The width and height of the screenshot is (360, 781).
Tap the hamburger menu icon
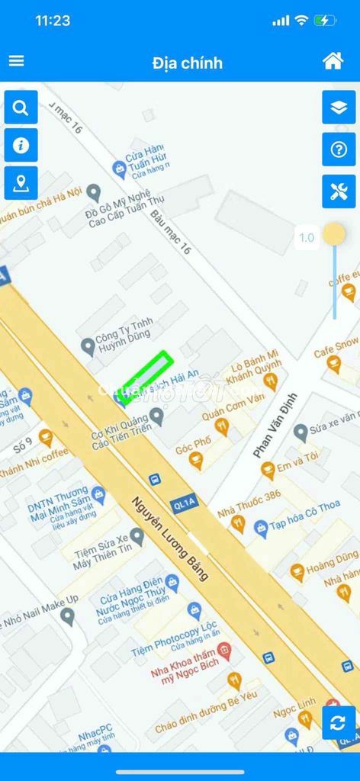(x=16, y=61)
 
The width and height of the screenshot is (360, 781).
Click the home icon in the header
(x=333, y=61)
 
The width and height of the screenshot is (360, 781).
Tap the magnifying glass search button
(x=21, y=108)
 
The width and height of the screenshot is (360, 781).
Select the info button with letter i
(x=21, y=145)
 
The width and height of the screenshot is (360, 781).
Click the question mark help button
(x=339, y=149)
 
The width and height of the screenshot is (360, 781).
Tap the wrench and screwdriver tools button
(x=339, y=191)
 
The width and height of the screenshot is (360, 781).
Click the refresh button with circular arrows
(x=339, y=722)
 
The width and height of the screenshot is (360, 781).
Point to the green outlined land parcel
(x=146, y=375)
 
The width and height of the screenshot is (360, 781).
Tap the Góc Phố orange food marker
(x=196, y=460)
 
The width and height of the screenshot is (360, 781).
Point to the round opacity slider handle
(x=333, y=234)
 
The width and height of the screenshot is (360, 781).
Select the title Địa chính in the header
(x=187, y=62)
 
